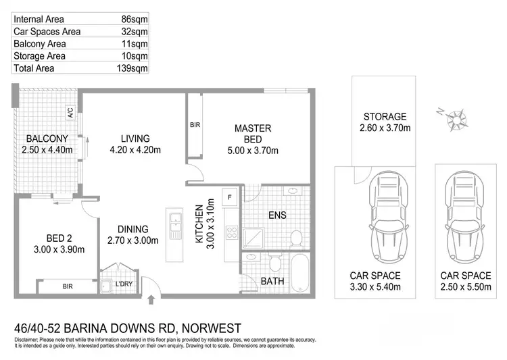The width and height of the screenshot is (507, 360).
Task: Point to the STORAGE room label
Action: pos(385,117)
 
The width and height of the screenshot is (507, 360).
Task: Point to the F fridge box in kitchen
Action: pos(231,197)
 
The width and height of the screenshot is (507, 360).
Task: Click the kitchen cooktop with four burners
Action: pos(231,234)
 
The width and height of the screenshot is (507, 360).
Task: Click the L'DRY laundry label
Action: pos(123,284)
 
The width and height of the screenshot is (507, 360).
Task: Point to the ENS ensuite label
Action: pos(277,215)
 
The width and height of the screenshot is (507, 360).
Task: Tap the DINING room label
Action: pos(132,228)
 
